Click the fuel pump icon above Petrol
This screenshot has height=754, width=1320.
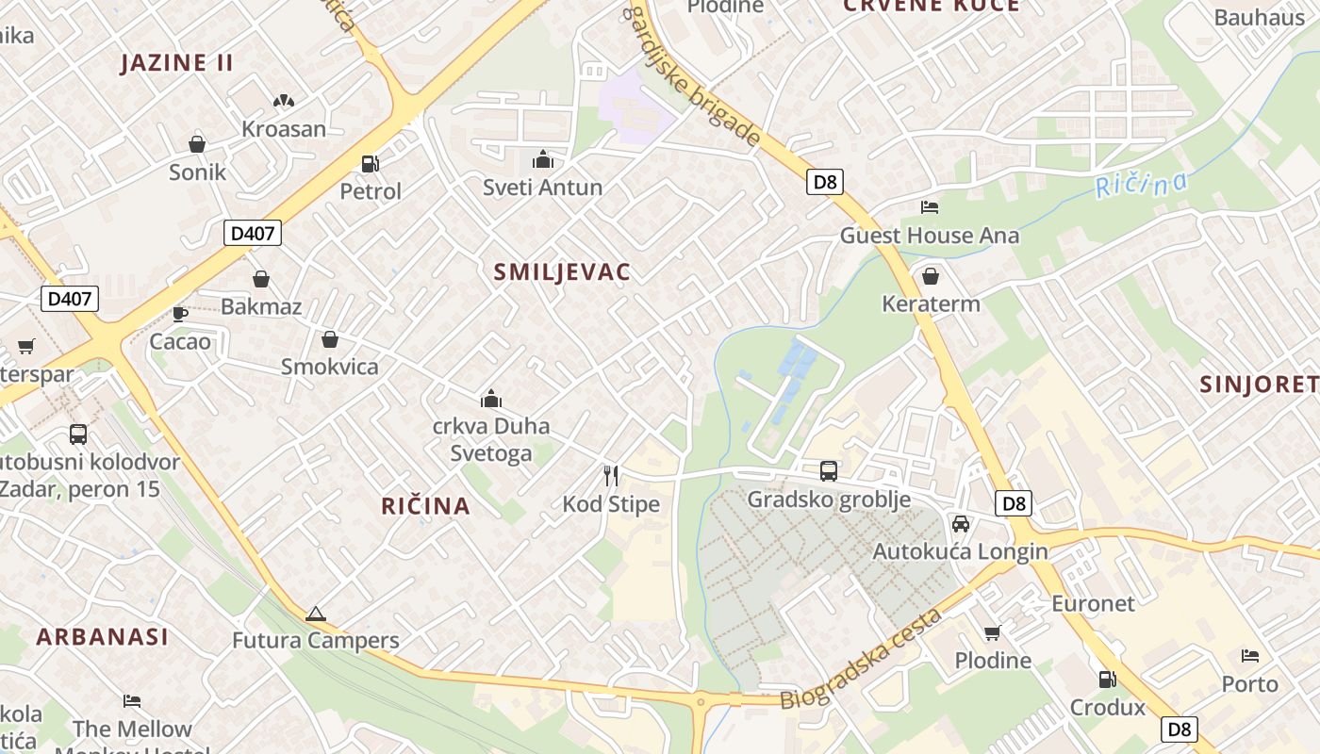click(x=371, y=163)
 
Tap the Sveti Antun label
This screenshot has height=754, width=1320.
click(x=542, y=187)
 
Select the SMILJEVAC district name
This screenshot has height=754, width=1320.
click(x=562, y=272)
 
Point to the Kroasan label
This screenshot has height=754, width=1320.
click(x=284, y=129)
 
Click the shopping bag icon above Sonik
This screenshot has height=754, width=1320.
click(x=197, y=143)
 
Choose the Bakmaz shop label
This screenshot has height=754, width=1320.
click(x=261, y=306)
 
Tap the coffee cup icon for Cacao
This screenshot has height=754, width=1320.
click(x=180, y=313)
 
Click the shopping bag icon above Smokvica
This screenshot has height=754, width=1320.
click(x=330, y=338)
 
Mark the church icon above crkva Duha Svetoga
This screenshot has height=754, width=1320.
click(x=490, y=399)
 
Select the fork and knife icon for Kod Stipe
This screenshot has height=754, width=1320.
click(x=611, y=476)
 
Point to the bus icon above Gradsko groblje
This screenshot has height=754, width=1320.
click(x=829, y=470)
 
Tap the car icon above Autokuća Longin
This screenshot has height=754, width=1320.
click(x=961, y=524)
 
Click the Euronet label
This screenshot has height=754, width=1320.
click(x=1093, y=602)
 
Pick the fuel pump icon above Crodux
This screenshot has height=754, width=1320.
click(x=1107, y=679)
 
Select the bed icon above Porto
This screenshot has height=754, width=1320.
click(x=1250, y=655)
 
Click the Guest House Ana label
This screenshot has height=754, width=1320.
click(x=930, y=235)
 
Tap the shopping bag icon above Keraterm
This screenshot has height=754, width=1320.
click(x=931, y=276)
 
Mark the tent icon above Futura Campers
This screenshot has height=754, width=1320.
click(x=315, y=614)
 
